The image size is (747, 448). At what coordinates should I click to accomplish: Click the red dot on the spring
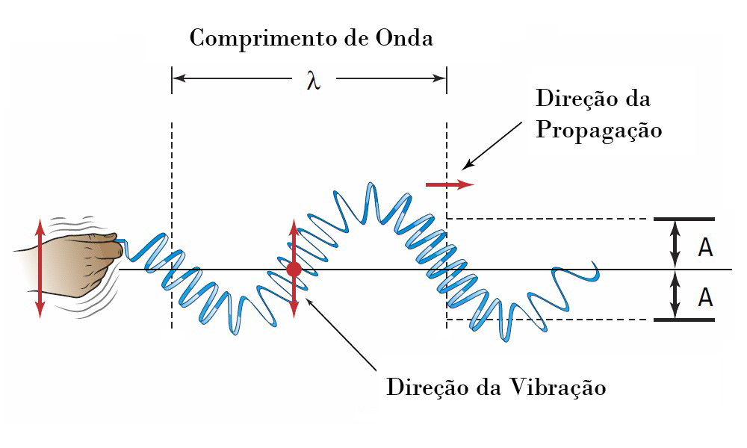click(x=294, y=269)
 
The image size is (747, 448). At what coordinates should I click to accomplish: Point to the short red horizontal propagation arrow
click(x=449, y=184)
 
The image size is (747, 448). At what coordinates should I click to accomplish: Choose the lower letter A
click(x=705, y=297)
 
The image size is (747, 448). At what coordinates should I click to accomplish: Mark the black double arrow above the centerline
click(x=675, y=244)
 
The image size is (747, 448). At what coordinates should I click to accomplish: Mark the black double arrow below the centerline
click(x=675, y=295)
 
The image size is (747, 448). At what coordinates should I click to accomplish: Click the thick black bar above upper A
click(x=684, y=219)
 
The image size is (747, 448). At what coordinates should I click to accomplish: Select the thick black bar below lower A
click(x=684, y=320)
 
